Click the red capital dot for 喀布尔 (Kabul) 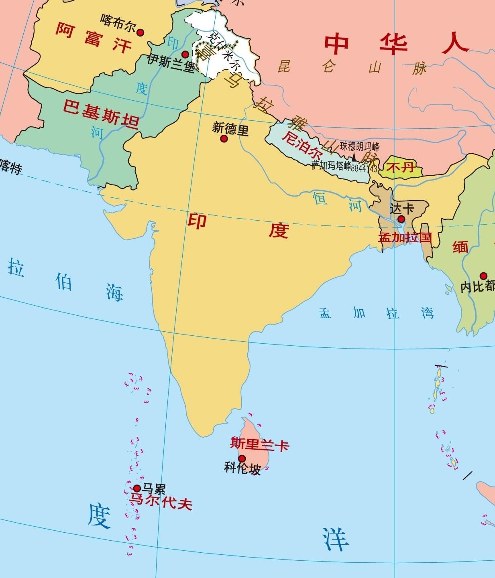click(140, 32)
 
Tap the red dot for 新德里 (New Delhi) click(224, 139)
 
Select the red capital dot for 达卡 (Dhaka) click(401, 219)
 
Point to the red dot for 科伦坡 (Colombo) click(242, 458)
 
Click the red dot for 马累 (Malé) click(137, 488)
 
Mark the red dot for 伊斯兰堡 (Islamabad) click(185, 54)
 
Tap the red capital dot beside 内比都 click(483, 276)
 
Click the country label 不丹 click(400, 166)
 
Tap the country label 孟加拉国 click(405, 237)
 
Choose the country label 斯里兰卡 click(259, 444)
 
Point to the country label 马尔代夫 click(160, 502)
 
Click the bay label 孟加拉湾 click(377, 313)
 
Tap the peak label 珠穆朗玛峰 click(359, 146)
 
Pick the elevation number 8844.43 click(364, 169)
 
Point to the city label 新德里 click(230, 129)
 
